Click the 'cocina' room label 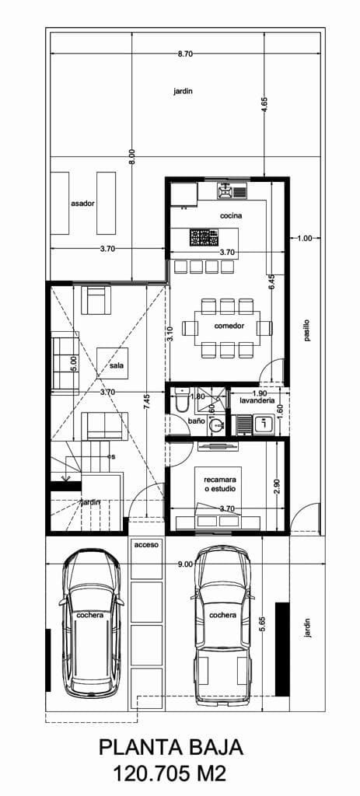click(x=231, y=216)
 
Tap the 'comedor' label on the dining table click(x=229, y=326)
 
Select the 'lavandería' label click(x=255, y=401)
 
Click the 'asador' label click(x=82, y=203)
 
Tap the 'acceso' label click(x=147, y=544)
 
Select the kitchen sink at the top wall click(x=232, y=191)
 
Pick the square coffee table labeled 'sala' click(x=112, y=364)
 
